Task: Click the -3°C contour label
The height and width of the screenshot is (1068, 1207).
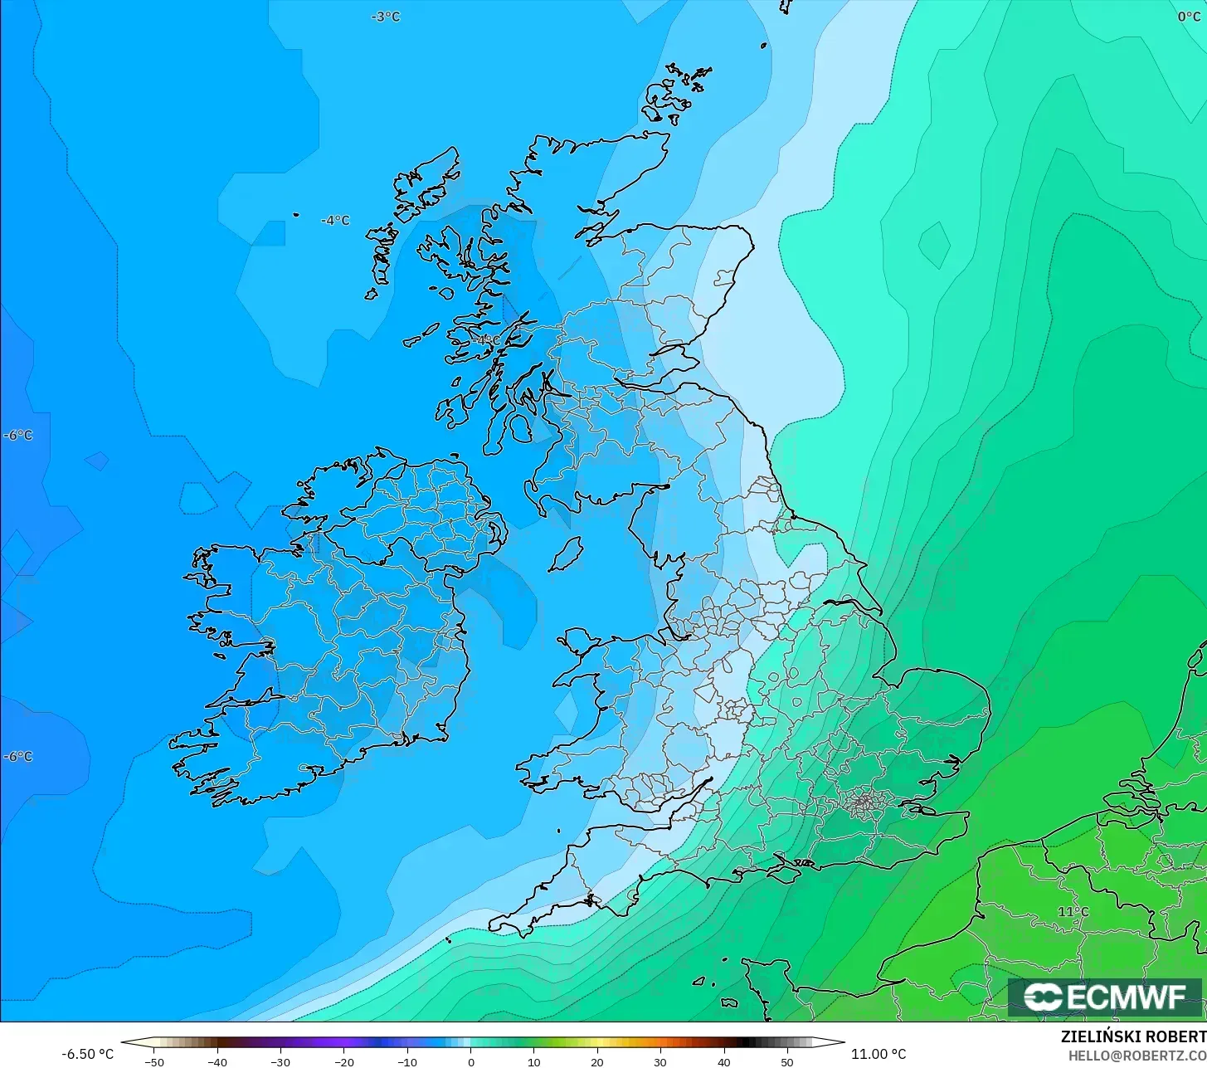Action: pyautogui.click(x=386, y=17)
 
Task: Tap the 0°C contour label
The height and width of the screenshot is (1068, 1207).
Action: pyautogui.click(x=1190, y=17)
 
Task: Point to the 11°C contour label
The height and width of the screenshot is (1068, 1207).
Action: pyautogui.click(x=1073, y=911)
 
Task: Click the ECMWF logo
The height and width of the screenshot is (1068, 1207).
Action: pyautogui.click(x=1104, y=997)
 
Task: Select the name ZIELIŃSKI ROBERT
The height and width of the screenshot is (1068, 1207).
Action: pyautogui.click(x=1133, y=1037)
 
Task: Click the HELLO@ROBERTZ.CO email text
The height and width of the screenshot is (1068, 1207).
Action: pyautogui.click(x=1136, y=1056)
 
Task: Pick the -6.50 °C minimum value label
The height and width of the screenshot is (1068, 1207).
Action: pyautogui.click(x=87, y=1054)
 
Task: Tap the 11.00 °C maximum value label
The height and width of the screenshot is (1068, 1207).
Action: pyautogui.click(x=879, y=1054)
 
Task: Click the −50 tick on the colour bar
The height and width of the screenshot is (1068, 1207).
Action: pyautogui.click(x=154, y=1062)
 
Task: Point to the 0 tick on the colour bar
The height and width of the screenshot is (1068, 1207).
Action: pyautogui.click(x=470, y=1062)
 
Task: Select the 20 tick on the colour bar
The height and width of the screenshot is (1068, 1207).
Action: pyautogui.click(x=597, y=1062)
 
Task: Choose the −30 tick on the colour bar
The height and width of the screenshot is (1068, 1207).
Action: pyautogui.click(x=280, y=1062)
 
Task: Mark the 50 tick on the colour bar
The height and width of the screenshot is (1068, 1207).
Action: pyautogui.click(x=786, y=1062)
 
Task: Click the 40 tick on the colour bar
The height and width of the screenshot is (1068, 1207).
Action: pyautogui.click(x=723, y=1062)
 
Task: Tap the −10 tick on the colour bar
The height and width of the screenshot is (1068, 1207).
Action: pyautogui.click(x=406, y=1062)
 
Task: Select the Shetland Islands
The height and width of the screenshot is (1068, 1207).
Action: pyautogui.click(x=679, y=91)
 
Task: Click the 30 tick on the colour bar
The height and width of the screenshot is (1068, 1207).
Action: pyautogui.click(x=660, y=1062)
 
